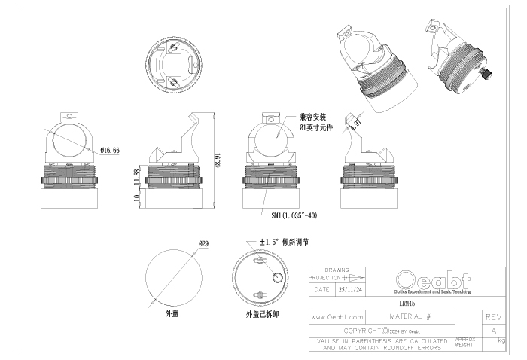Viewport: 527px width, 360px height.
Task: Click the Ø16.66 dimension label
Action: [x=109, y=151]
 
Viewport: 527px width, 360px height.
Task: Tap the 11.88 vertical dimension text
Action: [x=136, y=178]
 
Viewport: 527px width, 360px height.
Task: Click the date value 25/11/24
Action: [x=349, y=288]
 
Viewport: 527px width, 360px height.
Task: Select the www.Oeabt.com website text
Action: [x=337, y=318]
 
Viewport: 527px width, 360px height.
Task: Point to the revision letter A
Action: [x=494, y=331]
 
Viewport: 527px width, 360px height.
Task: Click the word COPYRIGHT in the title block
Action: [x=362, y=331]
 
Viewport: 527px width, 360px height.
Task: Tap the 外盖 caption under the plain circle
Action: [x=172, y=312]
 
